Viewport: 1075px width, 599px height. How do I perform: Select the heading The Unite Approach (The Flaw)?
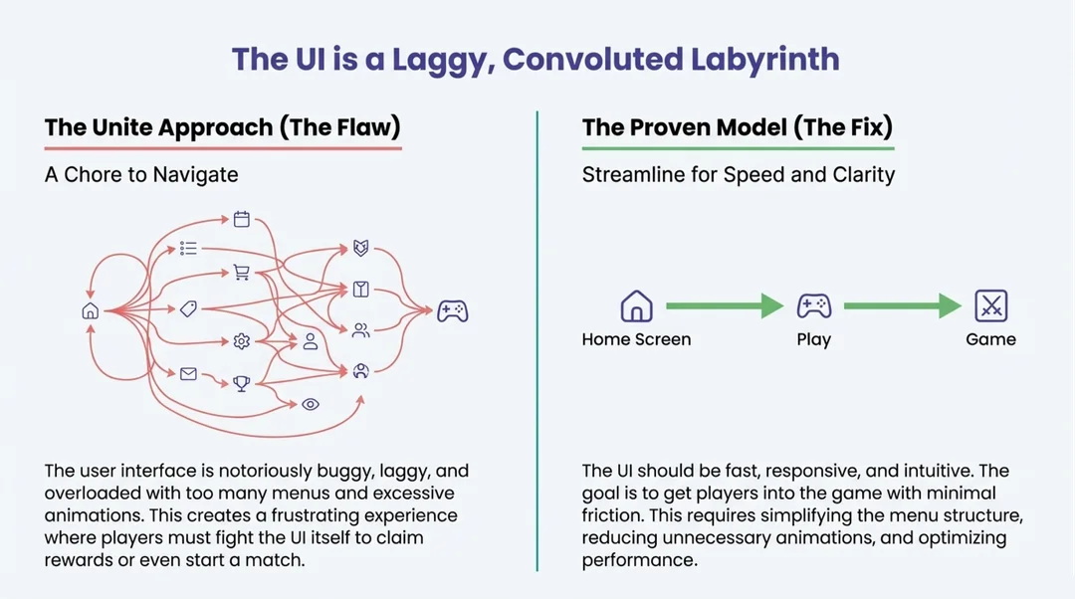tap(222, 128)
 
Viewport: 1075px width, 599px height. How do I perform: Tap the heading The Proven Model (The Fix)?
tap(737, 128)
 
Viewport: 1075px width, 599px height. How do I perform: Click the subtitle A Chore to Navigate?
tap(141, 175)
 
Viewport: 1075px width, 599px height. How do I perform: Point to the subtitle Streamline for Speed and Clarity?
tap(738, 175)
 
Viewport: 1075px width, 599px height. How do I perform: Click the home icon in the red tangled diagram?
tap(90, 311)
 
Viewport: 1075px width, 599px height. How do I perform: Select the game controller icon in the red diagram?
tap(453, 311)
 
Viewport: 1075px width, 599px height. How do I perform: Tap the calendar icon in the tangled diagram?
tap(241, 219)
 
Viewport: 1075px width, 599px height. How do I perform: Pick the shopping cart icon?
tap(241, 273)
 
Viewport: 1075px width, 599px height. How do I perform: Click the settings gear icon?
tap(241, 341)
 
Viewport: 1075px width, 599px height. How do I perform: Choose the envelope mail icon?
tap(188, 374)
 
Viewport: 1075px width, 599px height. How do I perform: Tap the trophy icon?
tap(241, 382)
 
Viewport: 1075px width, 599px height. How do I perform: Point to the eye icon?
tap(311, 404)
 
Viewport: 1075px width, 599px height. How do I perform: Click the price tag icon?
tap(188, 309)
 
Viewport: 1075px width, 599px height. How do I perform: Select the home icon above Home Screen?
tap(636, 305)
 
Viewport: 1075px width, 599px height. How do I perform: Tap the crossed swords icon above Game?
tap(990, 305)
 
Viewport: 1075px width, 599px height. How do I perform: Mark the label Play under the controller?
tap(813, 339)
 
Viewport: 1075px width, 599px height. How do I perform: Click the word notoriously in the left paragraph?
tap(282, 471)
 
